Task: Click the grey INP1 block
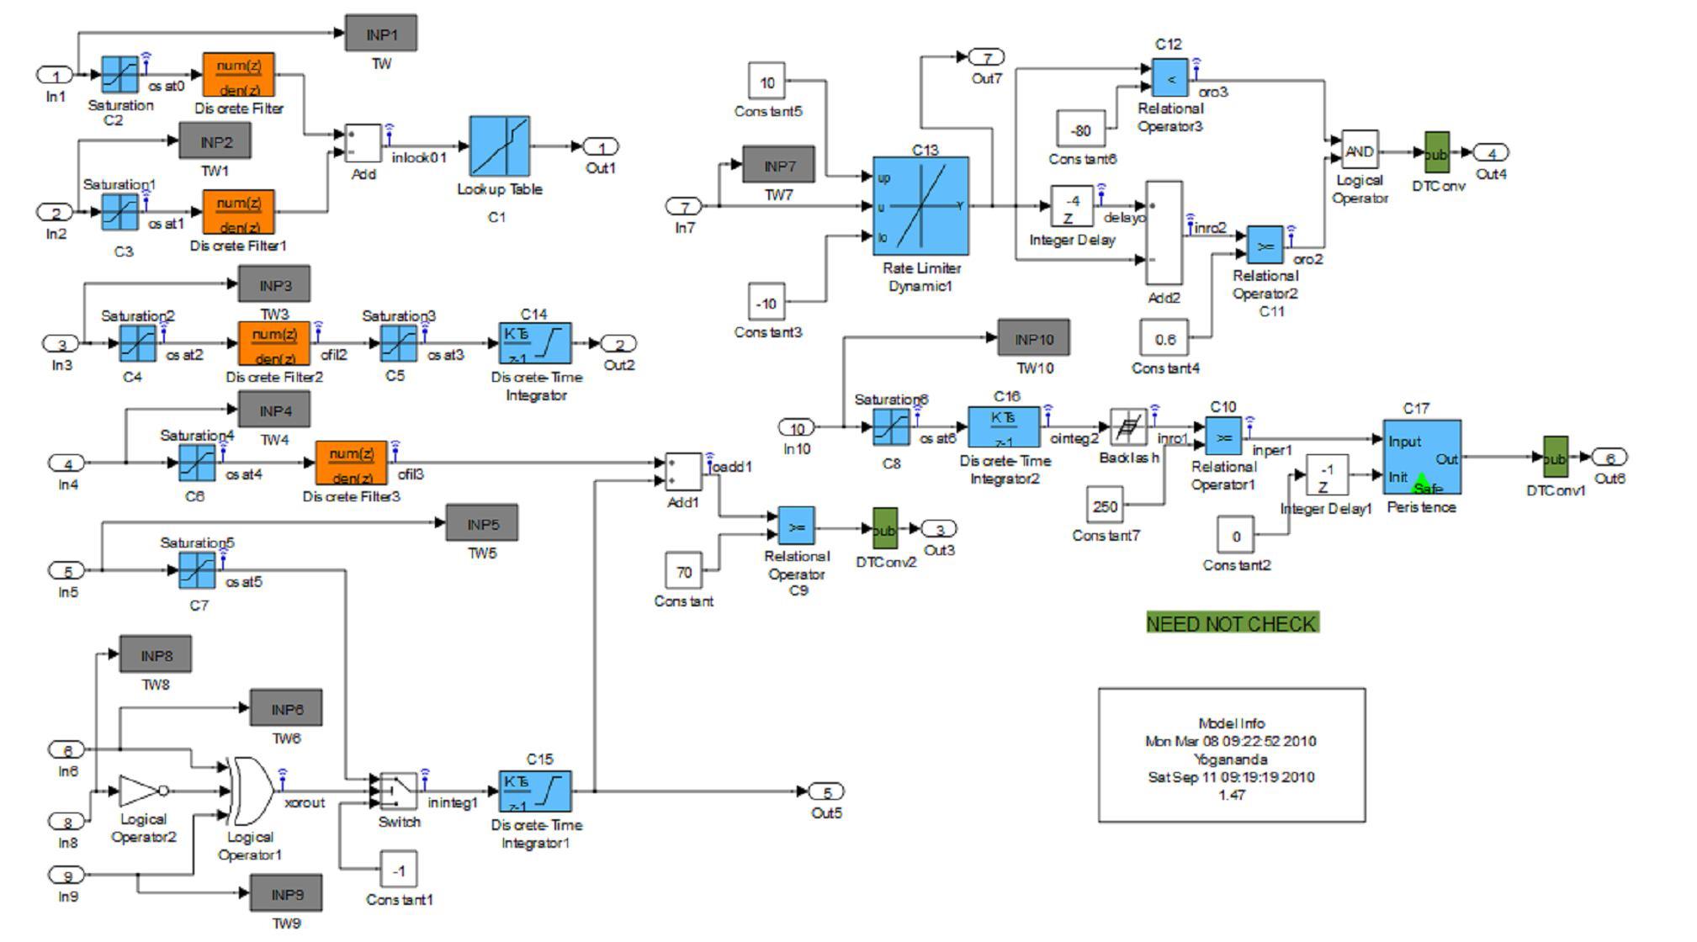point(380,34)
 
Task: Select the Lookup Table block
point(499,146)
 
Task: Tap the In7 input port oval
point(684,206)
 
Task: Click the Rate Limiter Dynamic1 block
point(920,205)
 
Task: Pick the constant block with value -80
point(1080,130)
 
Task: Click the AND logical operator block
point(1359,152)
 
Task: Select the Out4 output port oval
point(1491,153)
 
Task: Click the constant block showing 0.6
point(1164,339)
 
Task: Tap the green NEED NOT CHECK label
point(1232,623)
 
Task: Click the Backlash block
point(1128,427)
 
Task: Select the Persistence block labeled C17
point(1421,457)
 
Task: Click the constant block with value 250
point(1105,506)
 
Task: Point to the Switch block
point(398,791)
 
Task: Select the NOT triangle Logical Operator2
point(139,791)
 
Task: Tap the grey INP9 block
point(285,894)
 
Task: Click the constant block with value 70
point(683,572)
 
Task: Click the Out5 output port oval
point(825,791)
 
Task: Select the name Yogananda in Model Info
point(1230,759)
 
